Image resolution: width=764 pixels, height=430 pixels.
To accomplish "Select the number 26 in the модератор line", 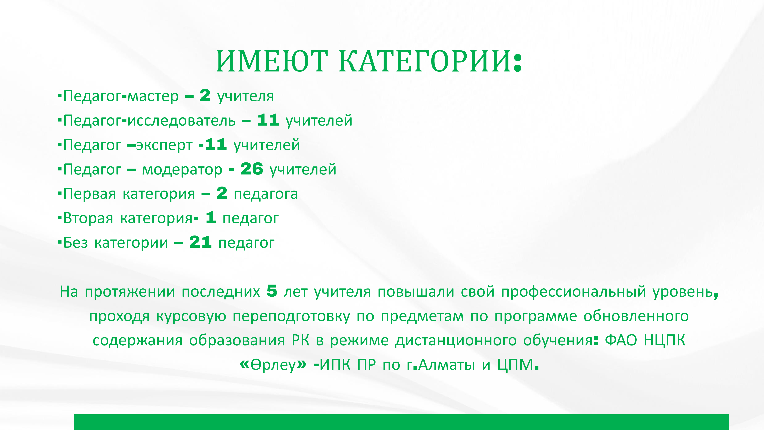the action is tap(252, 169).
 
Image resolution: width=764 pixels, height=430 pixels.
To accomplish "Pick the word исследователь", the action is tap(181, 120).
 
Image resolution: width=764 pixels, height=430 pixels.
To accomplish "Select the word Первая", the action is tap(90, 194).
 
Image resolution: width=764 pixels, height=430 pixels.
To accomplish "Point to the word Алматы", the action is tap(447, 364).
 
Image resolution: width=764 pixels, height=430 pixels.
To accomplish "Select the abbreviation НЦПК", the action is tap(664, 340).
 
